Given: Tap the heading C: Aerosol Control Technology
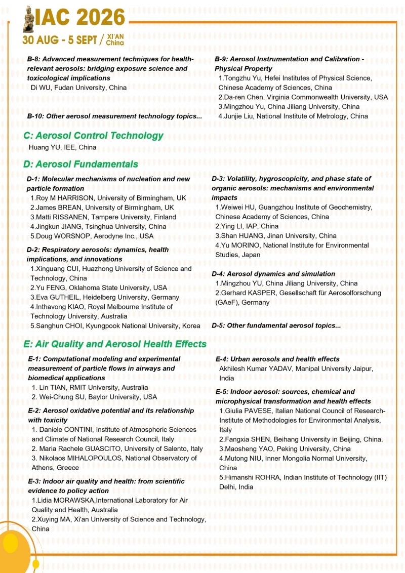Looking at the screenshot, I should tap(93, 136).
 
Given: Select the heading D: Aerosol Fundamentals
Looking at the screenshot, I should tap(80, 165).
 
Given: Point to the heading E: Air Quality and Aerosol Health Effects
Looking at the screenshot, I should tap(115, 344).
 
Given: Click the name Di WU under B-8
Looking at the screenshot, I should tap(42, 88).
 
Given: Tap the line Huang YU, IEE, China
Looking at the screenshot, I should tap(62, 148).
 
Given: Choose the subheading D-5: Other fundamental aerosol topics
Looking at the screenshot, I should tap(276, 325).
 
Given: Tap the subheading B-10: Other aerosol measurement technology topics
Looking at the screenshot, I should tap(114, 116).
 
